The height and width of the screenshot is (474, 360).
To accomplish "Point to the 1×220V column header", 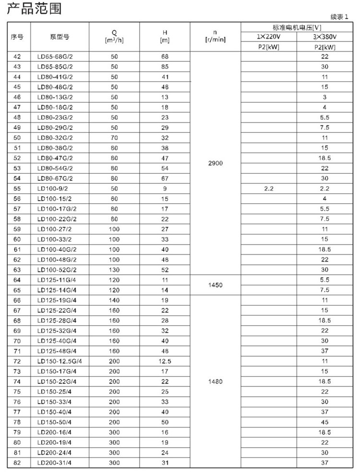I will point(269,37).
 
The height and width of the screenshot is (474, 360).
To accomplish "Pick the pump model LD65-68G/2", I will point(55,57).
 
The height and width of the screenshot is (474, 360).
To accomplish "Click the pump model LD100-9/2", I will point(54,189).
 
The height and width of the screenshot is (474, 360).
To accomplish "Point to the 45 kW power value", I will point(325,422).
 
